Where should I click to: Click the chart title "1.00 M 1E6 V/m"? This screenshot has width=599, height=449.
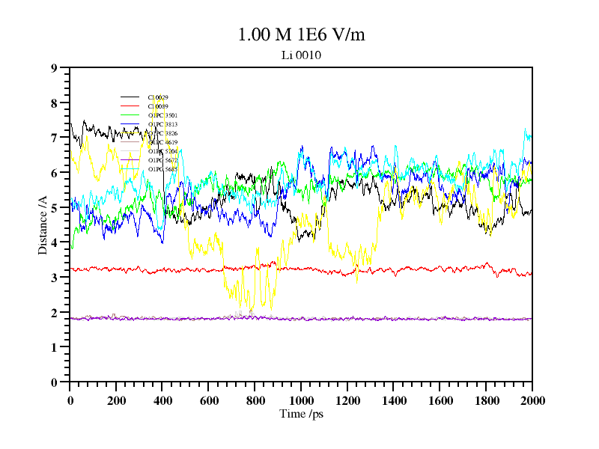[x=301, y=34]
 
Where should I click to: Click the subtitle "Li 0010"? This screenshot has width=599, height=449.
[x=301, y=55]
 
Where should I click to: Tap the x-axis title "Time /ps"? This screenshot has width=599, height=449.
[x=301, y=414]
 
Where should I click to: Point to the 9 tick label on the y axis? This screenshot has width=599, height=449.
[x=54, y=68]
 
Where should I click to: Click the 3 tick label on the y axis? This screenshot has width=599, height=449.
[x=54, y=278]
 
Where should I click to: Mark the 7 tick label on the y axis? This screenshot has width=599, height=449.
[x=54, y=138]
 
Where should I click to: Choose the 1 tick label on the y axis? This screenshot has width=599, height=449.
[x=54, y=347]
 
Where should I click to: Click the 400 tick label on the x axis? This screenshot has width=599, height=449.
[x=162, y=400]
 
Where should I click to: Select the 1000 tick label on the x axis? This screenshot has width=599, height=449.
[x=301, y=400]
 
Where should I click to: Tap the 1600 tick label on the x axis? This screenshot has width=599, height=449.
[x=440, y=400]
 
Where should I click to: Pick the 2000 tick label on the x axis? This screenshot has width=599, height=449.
[x=532, y=400]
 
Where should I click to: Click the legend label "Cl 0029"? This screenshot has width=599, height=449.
[x=158, y=97]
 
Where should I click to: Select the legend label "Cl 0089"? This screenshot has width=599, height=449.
[x=158, y=106]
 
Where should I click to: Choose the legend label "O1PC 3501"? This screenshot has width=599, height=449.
[x=162, y=115]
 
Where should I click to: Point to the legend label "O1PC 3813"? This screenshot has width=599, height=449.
[x=162, y=124]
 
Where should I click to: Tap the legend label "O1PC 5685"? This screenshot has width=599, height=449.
[x=162, y=169]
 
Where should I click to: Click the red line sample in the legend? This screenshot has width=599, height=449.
[x=130, y=106]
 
